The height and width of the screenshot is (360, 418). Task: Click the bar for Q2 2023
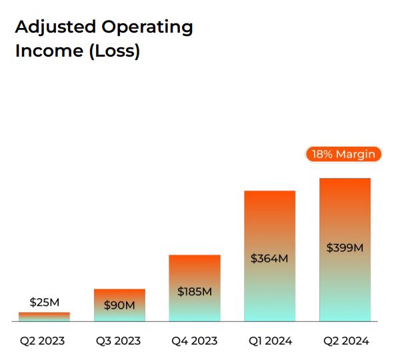tap(44, 317)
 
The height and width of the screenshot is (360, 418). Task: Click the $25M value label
tap(44, 303)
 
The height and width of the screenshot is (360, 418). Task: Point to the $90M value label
tap(119, 305)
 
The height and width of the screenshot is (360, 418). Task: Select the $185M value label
tap(195, 291)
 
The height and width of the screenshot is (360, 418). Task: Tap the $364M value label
tap(269, 259)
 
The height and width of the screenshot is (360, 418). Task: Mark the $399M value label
tap(345, 247)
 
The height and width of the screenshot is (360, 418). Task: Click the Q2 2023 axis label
tap(43, 341)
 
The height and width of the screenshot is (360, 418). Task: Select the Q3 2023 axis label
tap(119, 341)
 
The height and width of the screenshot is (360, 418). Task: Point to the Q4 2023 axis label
tap(195, 341)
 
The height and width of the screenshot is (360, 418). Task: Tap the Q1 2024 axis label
tap(269, 341)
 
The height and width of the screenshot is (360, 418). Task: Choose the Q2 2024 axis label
tap(346, 341)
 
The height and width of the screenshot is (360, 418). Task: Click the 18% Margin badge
tap(343, 155)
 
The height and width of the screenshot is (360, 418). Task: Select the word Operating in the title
tap(147, 27)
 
